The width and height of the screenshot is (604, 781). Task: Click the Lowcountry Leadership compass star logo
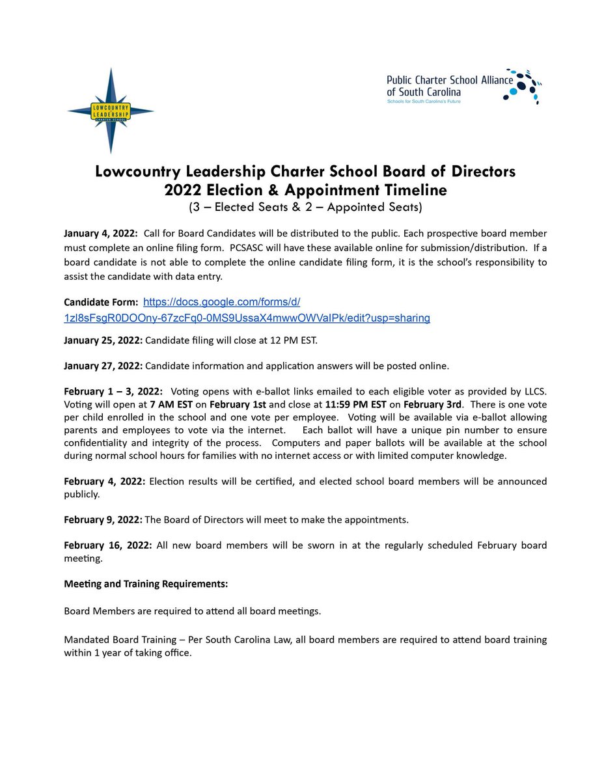pyautogui.click(x=111, y=111)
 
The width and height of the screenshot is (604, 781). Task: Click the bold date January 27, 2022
pyautogui.click(x=103, y=366)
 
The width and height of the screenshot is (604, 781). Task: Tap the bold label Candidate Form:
pyautogui.click(x=100, y=303)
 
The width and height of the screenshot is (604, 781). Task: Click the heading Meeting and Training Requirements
pyautogui.click(x=146, y=584)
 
